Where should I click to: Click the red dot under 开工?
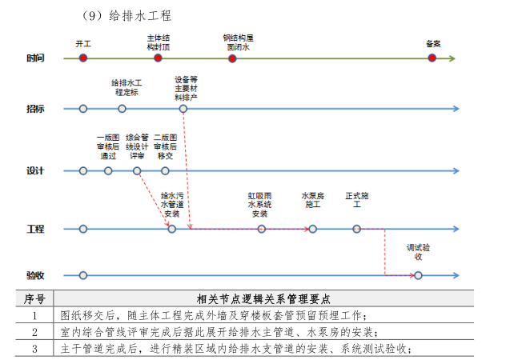click(82, 58)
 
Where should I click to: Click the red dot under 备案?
click(432, 58)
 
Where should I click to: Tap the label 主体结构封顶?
click(158, 42)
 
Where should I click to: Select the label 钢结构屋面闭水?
click(238, 42)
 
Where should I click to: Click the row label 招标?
click(35, 109)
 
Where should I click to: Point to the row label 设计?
click(35, 171)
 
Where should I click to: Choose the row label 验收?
click(35, 276)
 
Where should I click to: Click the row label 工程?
click(35, 230)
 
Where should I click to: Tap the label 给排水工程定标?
click(126, 87)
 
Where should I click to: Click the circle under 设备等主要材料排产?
click(184, 108)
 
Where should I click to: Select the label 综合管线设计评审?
click(137, 146)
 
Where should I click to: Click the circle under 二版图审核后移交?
click(165, 170)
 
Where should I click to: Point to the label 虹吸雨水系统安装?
click(260, 205)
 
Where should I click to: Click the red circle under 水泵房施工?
click(312, 229)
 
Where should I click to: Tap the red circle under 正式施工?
click(357, 229)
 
